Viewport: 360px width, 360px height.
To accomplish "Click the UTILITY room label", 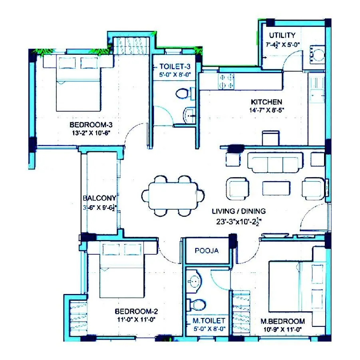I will pos(282,35).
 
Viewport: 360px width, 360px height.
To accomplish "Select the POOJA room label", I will pos(207,251).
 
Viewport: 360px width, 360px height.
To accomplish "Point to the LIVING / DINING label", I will pos(239,211).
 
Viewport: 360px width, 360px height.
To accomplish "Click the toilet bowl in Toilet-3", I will pos(183,94).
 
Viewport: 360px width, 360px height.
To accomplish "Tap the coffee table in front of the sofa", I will pos(276,187).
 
